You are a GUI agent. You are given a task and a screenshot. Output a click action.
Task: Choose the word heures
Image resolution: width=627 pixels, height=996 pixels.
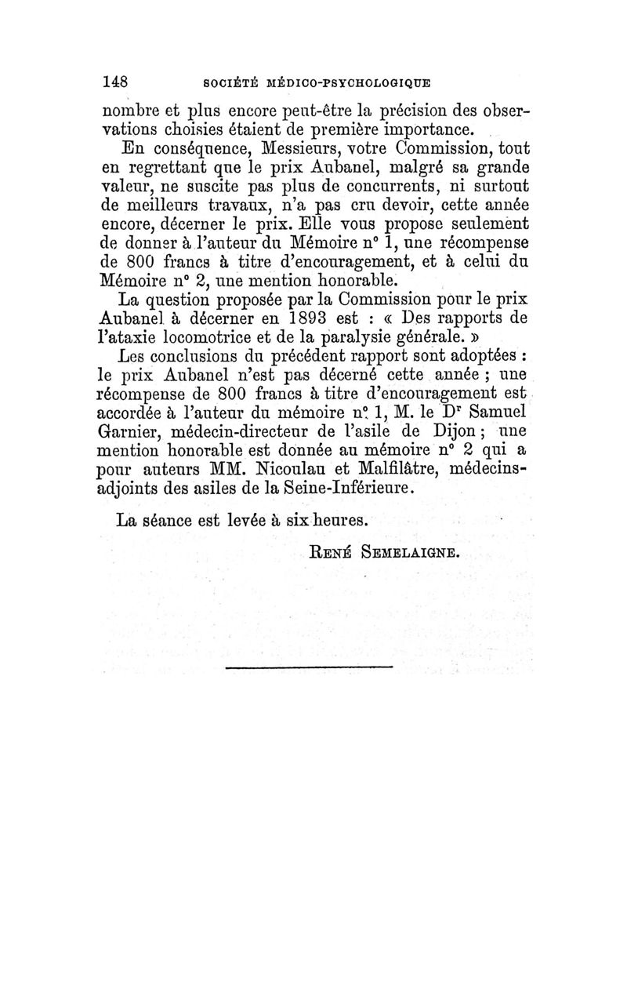[333, 520]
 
